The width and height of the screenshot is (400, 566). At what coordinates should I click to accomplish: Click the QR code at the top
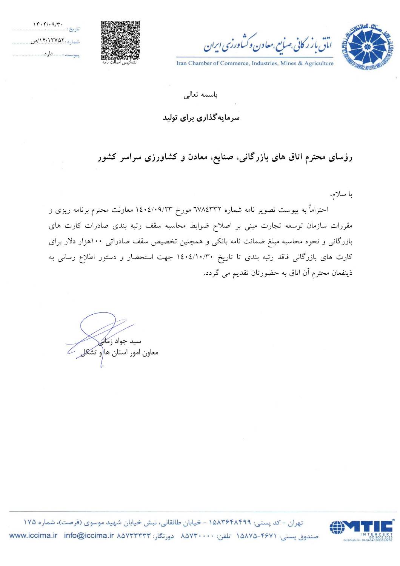[x=120, y=39]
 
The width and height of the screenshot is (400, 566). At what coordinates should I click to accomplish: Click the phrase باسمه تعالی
[x=200, y=95]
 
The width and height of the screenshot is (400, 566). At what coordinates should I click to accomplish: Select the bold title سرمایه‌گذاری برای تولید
[x=201, y=118]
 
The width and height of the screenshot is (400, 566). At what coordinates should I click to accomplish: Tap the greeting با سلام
[x=341, y=194]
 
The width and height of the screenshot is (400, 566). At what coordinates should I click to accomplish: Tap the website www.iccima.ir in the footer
[x=33, y=535]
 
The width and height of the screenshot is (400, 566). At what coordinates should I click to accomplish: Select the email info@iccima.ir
[x=89, y=535]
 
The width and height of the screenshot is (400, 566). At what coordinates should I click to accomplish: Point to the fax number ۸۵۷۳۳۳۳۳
[x=134, y=535]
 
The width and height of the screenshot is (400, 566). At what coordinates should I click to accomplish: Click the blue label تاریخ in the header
[x=73, y=29]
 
